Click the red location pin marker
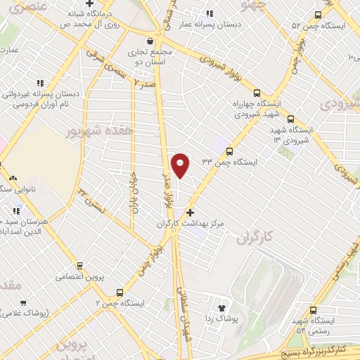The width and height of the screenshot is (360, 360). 181,165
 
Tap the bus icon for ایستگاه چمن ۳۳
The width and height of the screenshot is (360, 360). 229,150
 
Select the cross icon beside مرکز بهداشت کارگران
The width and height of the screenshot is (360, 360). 191,212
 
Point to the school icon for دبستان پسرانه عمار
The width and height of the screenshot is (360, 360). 210,13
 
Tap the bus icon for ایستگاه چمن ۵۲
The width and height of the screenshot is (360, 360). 318,15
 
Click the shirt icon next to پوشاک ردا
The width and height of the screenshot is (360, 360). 223,307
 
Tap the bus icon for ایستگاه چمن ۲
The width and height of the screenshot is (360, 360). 120,292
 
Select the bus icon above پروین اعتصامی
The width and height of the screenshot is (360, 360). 79,266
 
